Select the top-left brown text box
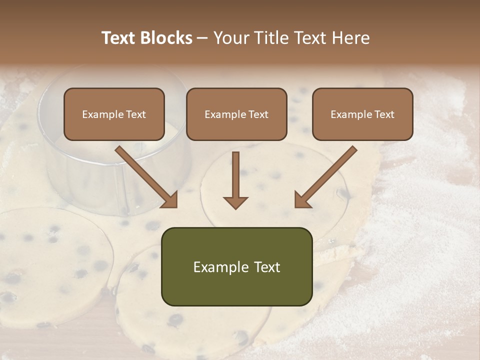pos(114,114)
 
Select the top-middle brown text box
pos(236,114)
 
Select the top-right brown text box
pos(362,114)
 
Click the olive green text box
pos(236,266)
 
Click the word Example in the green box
pos(220,267)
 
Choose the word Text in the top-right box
pos(384,114)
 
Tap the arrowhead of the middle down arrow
pos(235,201)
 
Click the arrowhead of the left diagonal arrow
pos(170,199)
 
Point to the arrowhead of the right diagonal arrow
pos(302,199)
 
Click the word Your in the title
pos(230,38)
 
